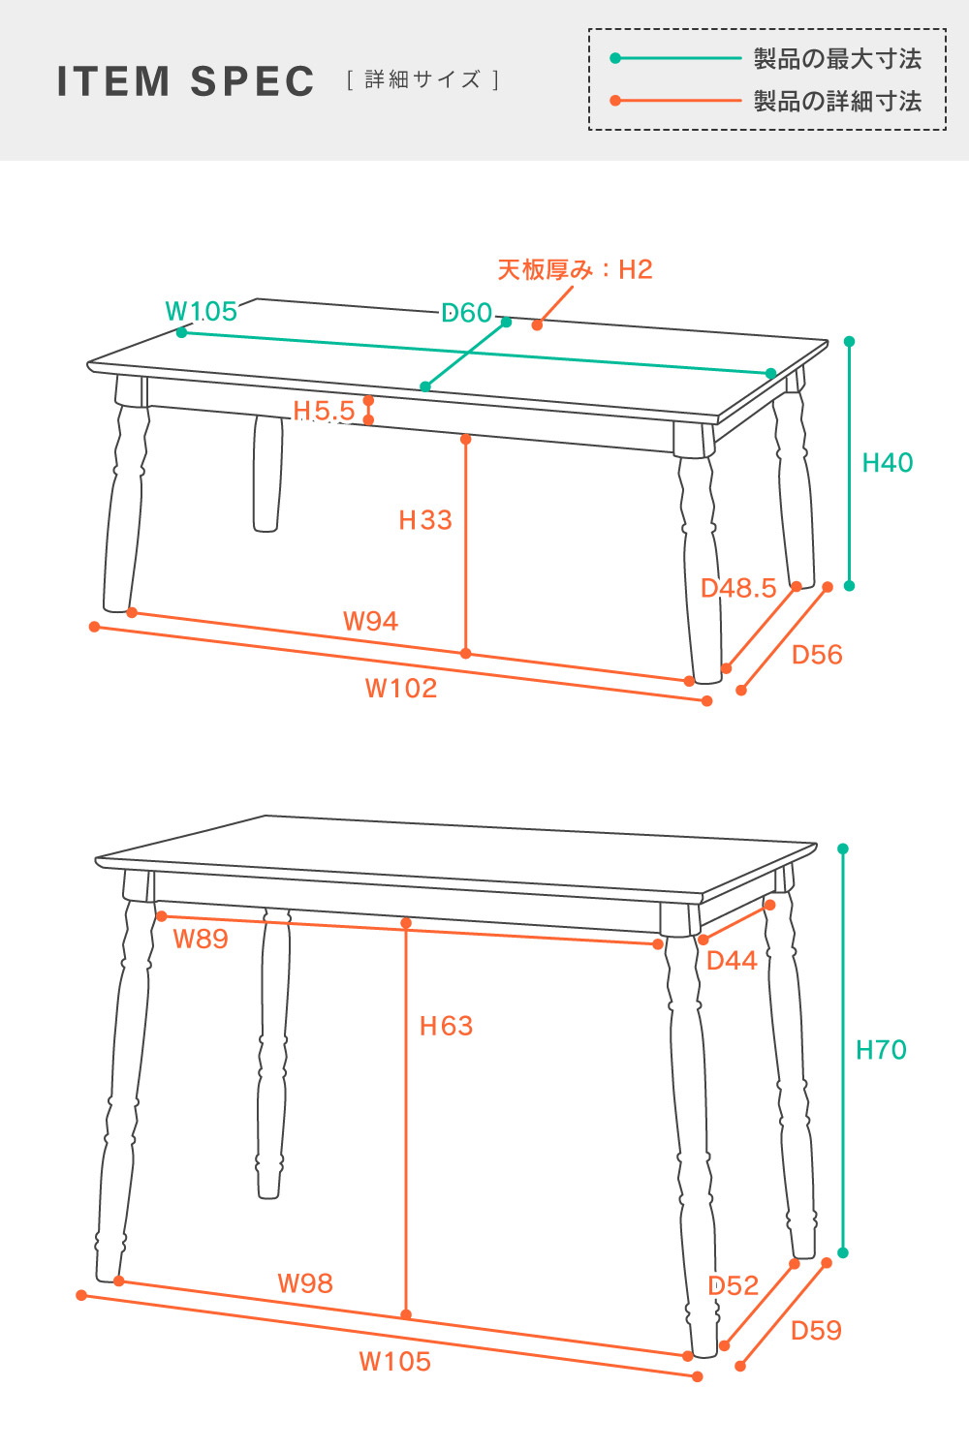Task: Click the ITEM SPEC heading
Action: [x=185, y=81]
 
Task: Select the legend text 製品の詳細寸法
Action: [x=837, y=101]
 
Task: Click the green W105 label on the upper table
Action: [x=202, y=311]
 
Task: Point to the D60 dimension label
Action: [x=467, y=313]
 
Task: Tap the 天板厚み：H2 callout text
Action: [x=576, y=269]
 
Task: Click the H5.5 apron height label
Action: [x=324, y=411]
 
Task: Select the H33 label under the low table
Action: [x=425, y=520]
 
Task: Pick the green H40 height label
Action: [x=888, y=463]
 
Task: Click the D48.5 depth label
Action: [x=738, y=588]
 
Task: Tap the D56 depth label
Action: [x=817, y=655]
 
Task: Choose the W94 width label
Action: [x=370, y=622]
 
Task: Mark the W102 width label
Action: [x=401, y=688]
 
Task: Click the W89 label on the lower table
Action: [x=201, y=939]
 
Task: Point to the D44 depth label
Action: [x=732, y=961]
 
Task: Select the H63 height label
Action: [x=447, y=1026]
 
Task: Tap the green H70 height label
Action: [x=881, y=1050]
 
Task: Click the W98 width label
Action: [x=305, y=1283]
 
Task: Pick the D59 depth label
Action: [x=816, y=1331]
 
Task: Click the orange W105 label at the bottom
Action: [x=395, y=1362]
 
